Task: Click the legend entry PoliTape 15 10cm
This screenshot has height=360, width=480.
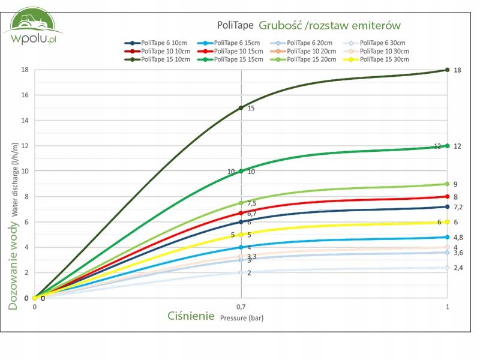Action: tap(157, 59)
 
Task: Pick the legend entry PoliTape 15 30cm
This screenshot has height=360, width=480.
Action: tap(377, 59)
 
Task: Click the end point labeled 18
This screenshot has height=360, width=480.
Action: tap(448, 70)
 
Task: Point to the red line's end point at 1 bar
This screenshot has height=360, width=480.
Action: tap(448, 196)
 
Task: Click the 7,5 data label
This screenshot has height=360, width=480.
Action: tap(253, 203)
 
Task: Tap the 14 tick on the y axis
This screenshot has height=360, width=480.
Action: tap(25, 120)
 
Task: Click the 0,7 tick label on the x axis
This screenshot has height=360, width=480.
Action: tap(241, 307)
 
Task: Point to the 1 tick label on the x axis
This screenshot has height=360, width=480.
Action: tap(447, 307)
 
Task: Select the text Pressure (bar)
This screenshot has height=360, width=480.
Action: tap(242, 318)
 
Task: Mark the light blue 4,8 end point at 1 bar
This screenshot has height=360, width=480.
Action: tap(448, 237)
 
